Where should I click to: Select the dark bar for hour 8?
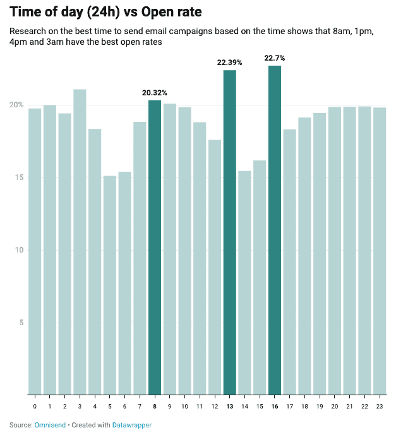pos(155,247)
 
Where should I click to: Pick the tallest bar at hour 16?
pos(275,230)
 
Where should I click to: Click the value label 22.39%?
pos(230,63)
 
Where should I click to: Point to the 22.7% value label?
pos(275,58)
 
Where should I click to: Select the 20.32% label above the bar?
pos(155,93)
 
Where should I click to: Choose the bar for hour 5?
pos(110,285)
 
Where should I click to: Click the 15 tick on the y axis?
pos(19,177)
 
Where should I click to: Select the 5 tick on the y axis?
pos(21,323)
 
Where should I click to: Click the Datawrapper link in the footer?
pos(132,425)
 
